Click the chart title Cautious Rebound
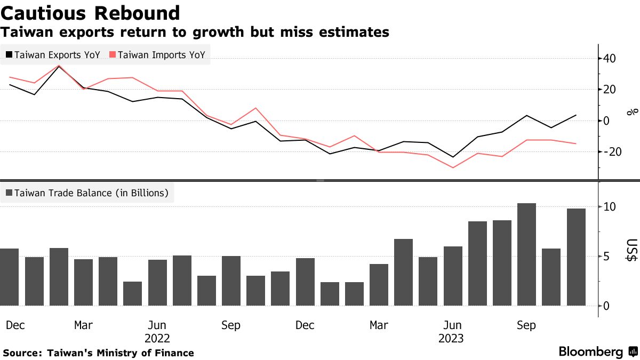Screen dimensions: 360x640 pos(90,13)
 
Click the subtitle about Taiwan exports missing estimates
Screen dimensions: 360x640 pos(195,33)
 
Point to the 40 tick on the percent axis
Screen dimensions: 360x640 pos(610,58)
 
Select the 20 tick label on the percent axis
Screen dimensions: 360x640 pos(610,90)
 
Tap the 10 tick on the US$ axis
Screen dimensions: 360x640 pos(610,207)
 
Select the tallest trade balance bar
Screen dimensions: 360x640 pos(526,254)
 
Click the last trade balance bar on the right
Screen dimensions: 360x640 pos(576,257)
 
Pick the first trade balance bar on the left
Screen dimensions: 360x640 pos(10,277)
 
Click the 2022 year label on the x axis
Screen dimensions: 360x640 pos(157,339)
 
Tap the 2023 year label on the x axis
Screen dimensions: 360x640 pos(451,339)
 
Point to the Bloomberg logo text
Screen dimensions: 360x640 pos(591,352)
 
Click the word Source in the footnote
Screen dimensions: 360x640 pos(21,353)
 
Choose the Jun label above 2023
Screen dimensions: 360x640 pos(452,325)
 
